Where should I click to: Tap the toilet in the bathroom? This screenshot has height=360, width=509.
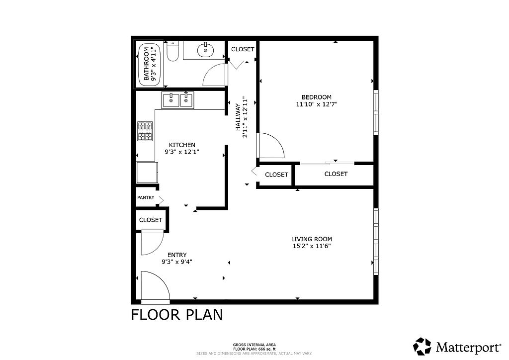[x=172, y=51]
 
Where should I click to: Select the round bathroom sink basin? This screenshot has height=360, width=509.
[x=205, y=50]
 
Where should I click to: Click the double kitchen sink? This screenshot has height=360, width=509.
[x=177, y=100]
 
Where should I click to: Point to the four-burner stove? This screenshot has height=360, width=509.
[x=145, y=131]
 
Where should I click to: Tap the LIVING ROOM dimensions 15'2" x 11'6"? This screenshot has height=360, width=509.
[x=312, y=246]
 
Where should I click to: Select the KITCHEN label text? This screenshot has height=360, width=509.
[x=182, y=145]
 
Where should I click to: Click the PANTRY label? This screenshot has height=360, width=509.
[x=146, y=197]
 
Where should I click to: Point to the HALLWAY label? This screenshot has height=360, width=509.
[x=238, y=117]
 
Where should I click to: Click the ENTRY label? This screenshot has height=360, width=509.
[x=177, y=255]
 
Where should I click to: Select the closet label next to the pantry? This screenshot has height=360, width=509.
[x=151, y=220]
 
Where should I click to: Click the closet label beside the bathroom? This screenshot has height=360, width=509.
[x=243, y=49]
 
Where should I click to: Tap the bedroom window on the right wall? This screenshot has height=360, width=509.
[x=376, y=112]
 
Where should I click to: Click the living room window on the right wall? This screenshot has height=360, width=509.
[x=376, y=242]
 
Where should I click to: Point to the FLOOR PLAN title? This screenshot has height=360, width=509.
[x=177, y=315]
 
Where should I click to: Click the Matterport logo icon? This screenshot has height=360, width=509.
[x=423, y=347]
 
